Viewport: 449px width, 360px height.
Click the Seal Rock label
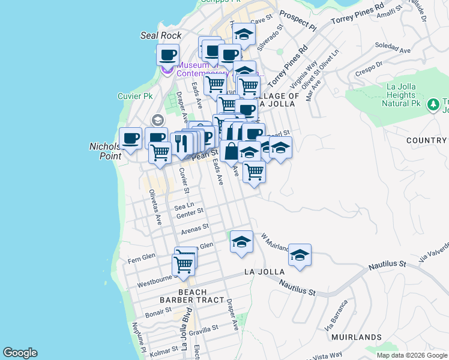(x=161, y=35)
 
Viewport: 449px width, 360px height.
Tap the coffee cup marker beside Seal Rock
(x=168, y=56)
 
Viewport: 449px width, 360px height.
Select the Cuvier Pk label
(x=135, y=96)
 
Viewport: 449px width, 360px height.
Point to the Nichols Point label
(x=106, y=151)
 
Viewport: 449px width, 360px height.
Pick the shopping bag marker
(x=231, y=152)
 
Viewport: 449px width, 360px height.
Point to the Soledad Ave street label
(x=390, y=46)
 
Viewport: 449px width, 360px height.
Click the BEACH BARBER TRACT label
(x=192, y=296)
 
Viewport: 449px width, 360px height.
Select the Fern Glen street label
(x=142, y=256)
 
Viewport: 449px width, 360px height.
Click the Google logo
(x=20, y=353)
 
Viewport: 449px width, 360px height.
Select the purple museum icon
(x=167, y=71)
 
